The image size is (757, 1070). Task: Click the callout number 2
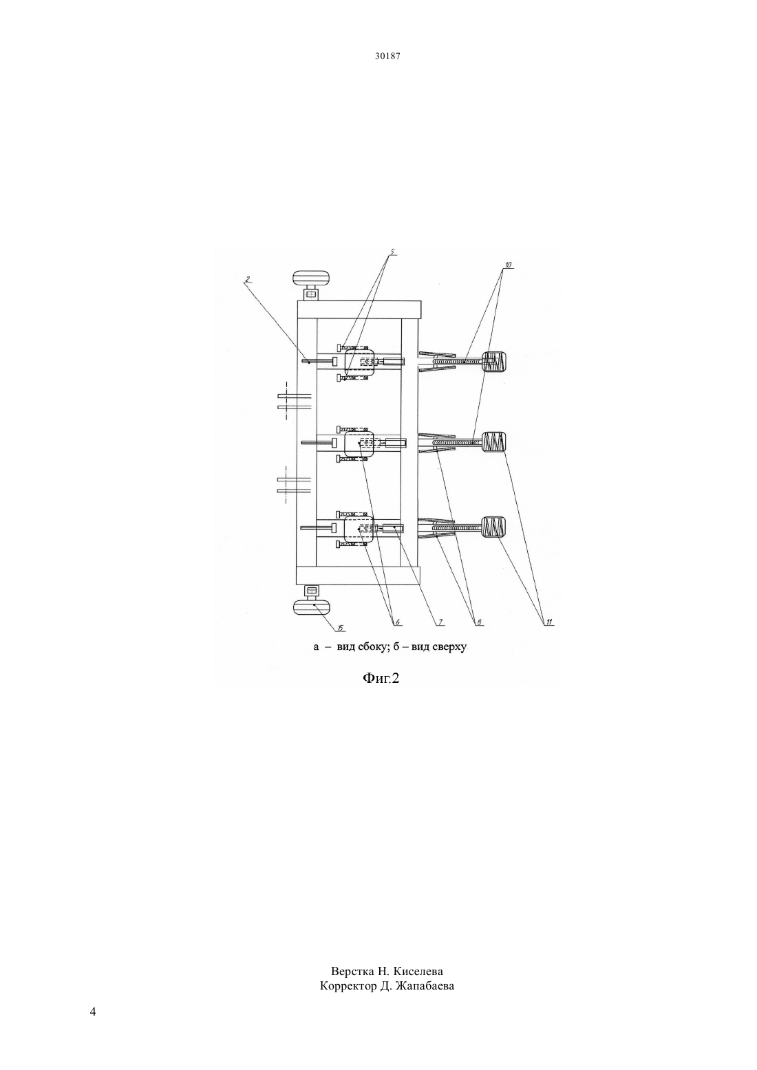[246, 281]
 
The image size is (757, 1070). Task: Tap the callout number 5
[392, 251]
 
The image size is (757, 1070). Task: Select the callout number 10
[508, 264]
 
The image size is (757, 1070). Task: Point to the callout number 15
[342, 628]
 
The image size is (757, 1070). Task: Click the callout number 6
[396, 622]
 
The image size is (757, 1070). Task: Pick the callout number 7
[440, 622]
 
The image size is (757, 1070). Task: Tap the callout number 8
[478, 622]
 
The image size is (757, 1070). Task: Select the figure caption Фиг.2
[381, 678]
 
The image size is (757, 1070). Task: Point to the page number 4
[93, 1012]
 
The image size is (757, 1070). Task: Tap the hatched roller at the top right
[493, 362]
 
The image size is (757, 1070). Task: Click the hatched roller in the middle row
[493, 442]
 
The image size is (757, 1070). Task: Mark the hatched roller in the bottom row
[493, 527]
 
